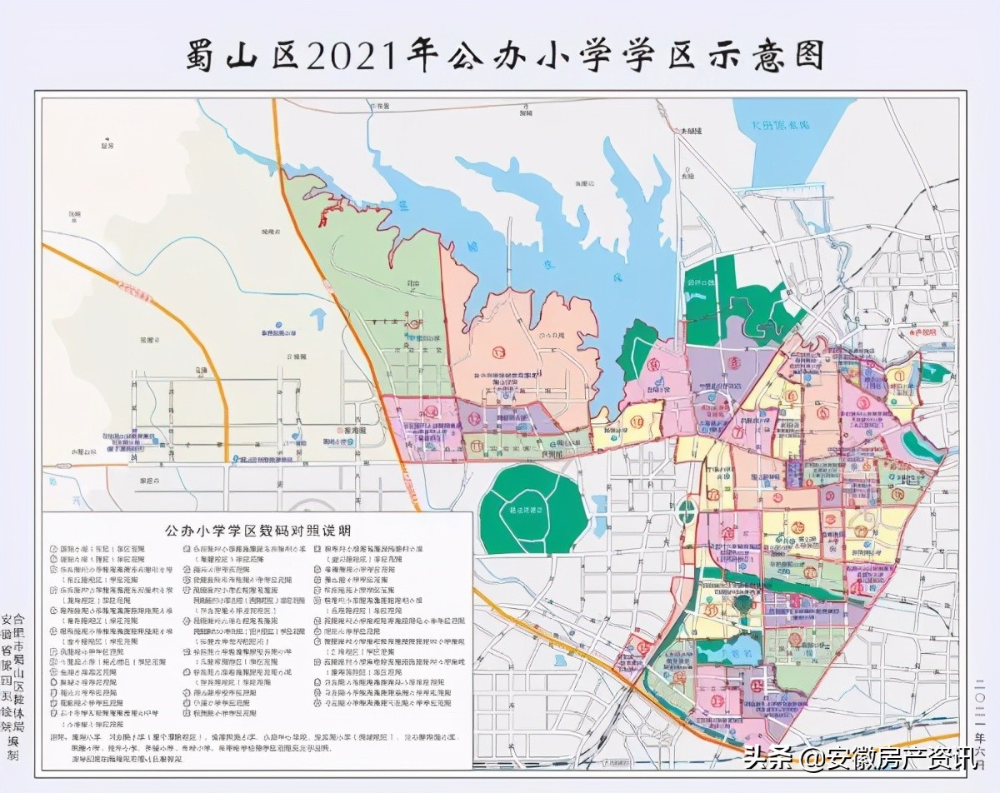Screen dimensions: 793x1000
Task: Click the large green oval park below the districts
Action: pos(533,509)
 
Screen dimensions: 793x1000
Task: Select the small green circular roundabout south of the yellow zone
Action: pos(687,511)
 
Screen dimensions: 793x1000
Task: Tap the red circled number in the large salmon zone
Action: pos(498,352)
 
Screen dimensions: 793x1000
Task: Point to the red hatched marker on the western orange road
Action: pos(133,288)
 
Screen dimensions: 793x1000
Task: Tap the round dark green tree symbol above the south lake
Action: pos(742,601)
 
